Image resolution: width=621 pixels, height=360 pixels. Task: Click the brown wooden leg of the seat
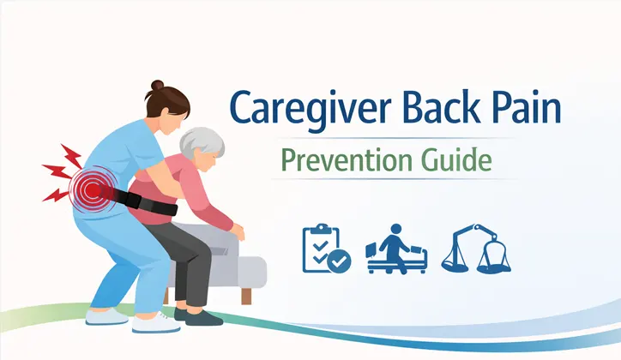tap(247, 295)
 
